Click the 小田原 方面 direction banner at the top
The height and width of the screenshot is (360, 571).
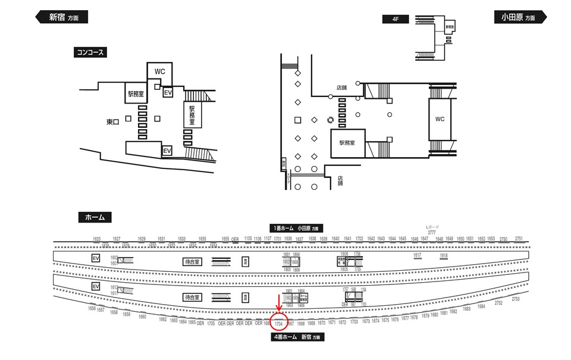(x=518, y=17)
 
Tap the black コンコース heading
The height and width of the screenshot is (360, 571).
(x=90, y=52)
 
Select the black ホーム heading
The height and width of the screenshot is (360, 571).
(x=95, y=218)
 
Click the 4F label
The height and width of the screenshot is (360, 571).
(x=396, y=19)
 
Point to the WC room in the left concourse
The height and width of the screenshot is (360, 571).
(x=160, y=71)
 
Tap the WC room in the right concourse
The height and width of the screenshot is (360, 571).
(x=440, y=119)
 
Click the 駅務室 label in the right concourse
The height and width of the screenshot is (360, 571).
(x=347, y=143)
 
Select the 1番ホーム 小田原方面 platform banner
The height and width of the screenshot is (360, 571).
(x=295, y=228)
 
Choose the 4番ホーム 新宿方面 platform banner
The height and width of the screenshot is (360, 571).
(x=296, y=337)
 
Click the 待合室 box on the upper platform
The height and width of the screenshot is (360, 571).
(x=193, y=261)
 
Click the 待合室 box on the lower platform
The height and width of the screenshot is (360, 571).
(x=193, y=296)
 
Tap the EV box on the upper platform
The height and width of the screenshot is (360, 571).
(x=95, y=258)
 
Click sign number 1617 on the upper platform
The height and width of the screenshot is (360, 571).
(x=418, y=255)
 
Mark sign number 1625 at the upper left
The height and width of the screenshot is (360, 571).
(x=97, y=239)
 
